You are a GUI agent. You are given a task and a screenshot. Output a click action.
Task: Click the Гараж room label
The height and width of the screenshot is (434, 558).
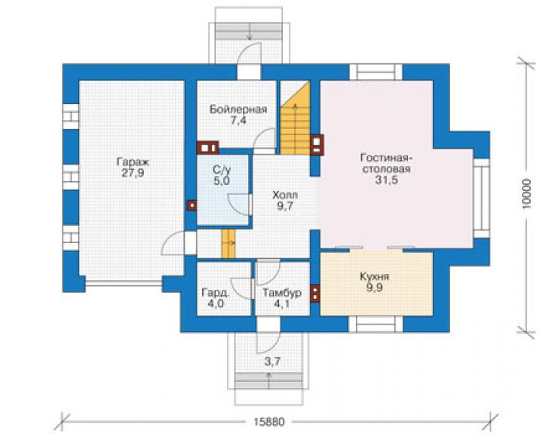click(133, 162)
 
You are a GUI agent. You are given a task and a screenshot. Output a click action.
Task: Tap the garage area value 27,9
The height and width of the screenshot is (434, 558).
click(133, 174)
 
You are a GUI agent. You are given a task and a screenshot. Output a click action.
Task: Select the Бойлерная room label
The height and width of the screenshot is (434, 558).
click(238, 109)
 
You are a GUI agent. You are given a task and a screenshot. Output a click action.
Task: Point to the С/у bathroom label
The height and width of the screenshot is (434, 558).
click(222, 170)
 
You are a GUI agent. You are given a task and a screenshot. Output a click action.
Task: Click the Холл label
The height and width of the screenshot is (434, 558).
click(285, 195)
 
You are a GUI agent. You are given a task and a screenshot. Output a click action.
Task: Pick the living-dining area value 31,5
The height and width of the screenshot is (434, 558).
click(387, 180)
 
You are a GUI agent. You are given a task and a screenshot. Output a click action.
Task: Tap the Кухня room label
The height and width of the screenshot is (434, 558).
click(374, 276)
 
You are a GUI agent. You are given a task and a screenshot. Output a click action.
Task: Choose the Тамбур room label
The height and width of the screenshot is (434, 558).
click(282, 293)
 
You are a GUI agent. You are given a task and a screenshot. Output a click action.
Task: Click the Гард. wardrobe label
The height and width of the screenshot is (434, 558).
click(216, 293)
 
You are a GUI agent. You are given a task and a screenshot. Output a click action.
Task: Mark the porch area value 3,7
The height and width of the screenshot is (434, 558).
click(272, 362)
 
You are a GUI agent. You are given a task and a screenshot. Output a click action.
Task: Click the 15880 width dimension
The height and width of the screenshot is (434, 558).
click(269, 422)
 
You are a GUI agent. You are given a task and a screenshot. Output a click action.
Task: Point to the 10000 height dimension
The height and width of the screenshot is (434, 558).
click(527, 193)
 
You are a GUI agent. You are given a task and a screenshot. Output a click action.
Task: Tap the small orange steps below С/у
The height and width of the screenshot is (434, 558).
click(228, 243)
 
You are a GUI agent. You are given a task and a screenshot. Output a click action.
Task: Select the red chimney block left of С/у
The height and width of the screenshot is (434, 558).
click(192, 205)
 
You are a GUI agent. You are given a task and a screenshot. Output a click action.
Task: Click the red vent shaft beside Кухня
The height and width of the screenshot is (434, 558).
click(315, 294)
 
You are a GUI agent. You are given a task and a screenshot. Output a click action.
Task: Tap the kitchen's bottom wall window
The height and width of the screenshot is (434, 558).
click(376, 324)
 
